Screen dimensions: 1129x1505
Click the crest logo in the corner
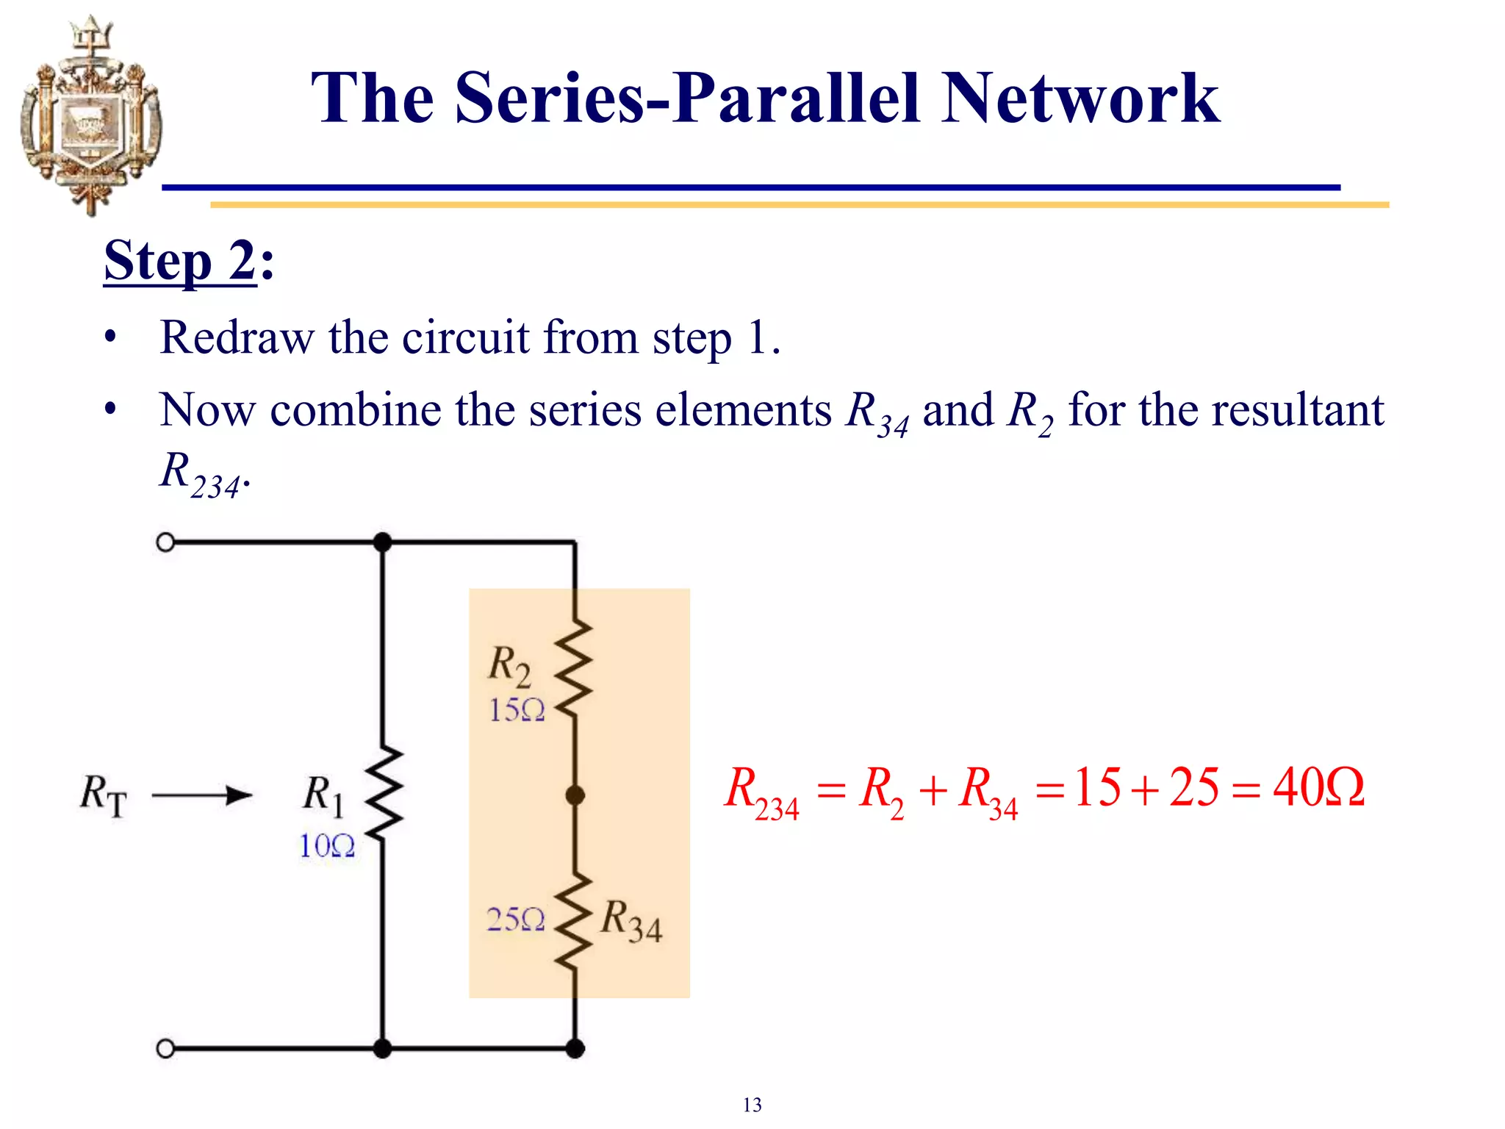[90, 116]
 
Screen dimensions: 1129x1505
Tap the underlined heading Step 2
[181, 261]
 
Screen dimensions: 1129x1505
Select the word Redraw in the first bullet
[236, 338]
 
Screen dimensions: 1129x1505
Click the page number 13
[752, 1105]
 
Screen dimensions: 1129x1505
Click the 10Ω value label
[327, 846]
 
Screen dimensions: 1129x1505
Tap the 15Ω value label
[517, 710]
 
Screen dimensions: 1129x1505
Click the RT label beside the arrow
[104, 796]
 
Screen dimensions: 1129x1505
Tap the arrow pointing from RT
[201, 795]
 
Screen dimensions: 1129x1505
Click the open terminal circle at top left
[166, 542]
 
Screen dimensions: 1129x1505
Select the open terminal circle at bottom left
[166, 1048]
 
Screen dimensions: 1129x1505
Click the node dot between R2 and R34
[575, 795]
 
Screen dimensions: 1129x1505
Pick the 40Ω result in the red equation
[1318, 788]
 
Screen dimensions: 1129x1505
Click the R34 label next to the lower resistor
[631, 922]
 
